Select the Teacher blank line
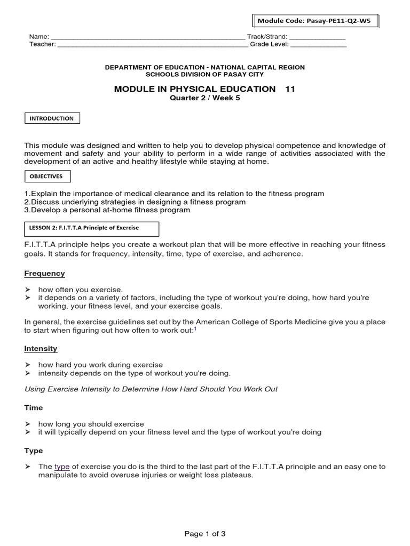pos(153,44)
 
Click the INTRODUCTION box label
pos(52,118)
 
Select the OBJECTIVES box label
pos(48,176)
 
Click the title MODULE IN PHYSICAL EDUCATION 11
pos(204,89)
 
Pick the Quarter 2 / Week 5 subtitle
pos(204,98)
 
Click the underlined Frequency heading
pos(44,274)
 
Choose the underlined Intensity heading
pos(41,349)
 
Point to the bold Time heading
pos(34,408)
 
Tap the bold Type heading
pos(34,451)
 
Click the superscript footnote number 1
pos(195,329)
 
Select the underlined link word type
pos(62,467)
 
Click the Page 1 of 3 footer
pos(205,534)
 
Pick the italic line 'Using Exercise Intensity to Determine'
pos(151,389)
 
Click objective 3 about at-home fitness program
pos(107,210)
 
